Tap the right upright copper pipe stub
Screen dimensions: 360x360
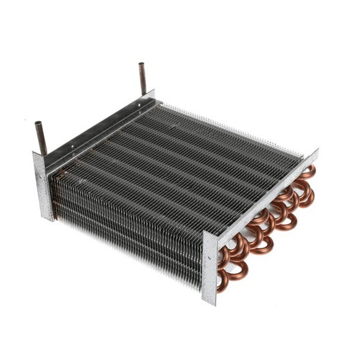143,78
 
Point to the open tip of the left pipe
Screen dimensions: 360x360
37,124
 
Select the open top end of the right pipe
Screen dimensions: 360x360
142,66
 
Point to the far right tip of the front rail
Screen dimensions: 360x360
315,154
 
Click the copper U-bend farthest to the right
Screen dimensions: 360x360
308,193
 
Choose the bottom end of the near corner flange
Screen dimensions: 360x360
211,301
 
